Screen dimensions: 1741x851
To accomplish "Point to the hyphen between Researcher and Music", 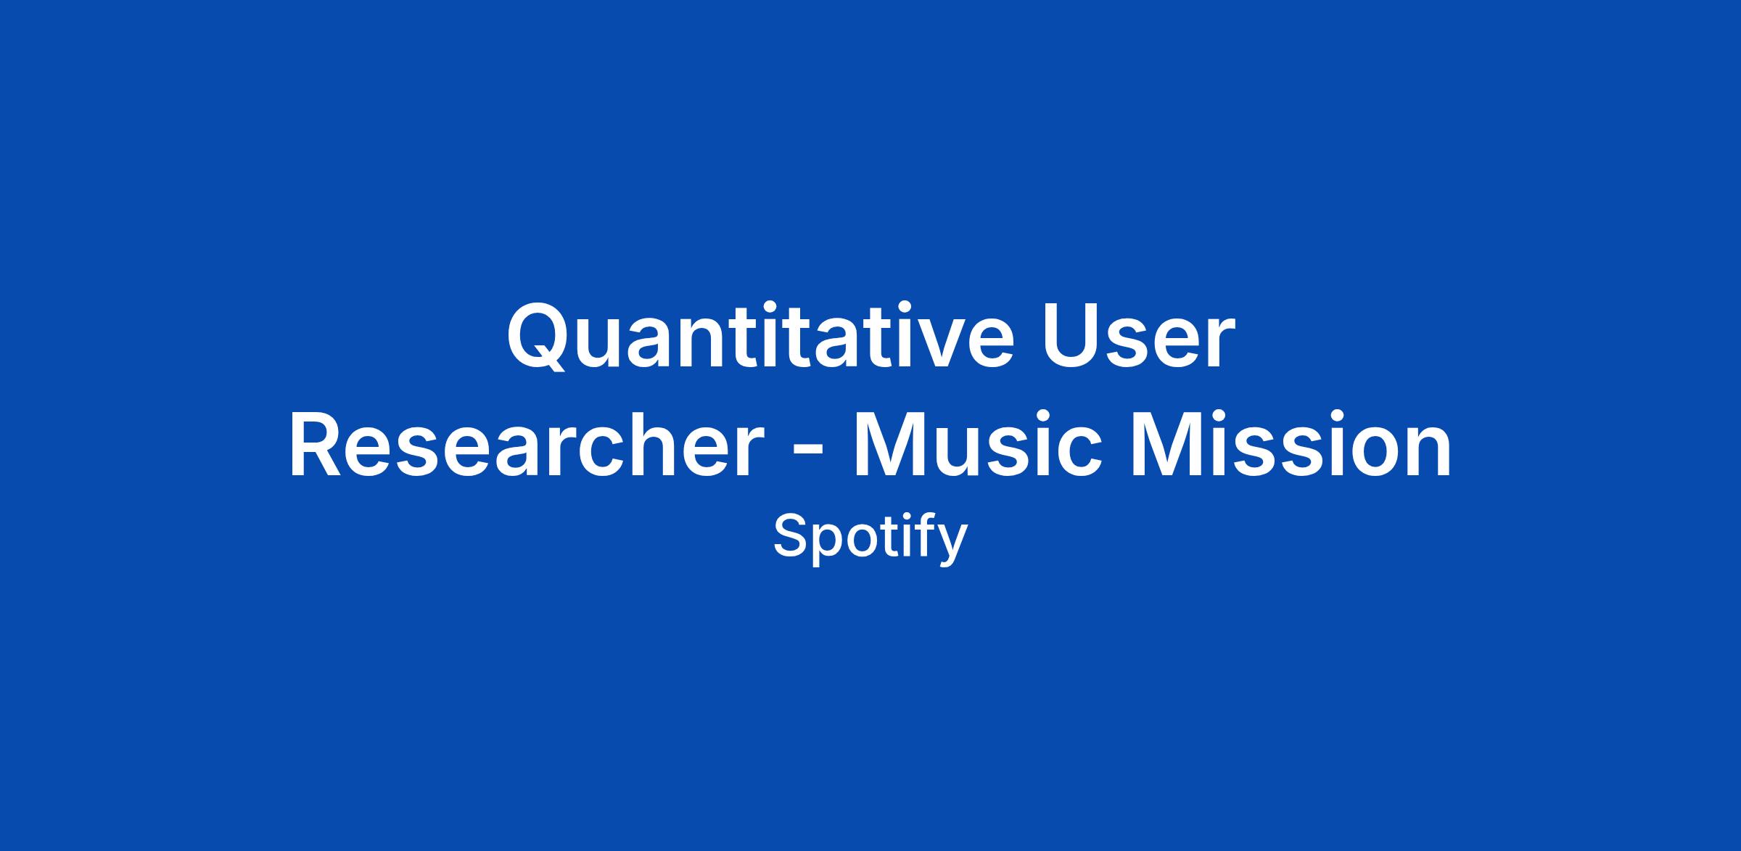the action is click(x=807, y=453).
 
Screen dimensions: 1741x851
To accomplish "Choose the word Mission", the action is click(x=1291, y=445).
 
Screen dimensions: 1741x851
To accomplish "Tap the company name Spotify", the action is click(x=870, y=538).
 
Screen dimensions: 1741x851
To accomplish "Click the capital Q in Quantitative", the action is click(x=538, y=338).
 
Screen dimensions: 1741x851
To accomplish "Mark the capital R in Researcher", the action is click(x=318, y=445).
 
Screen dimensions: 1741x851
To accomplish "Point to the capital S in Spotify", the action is click(x=789, y=536).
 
